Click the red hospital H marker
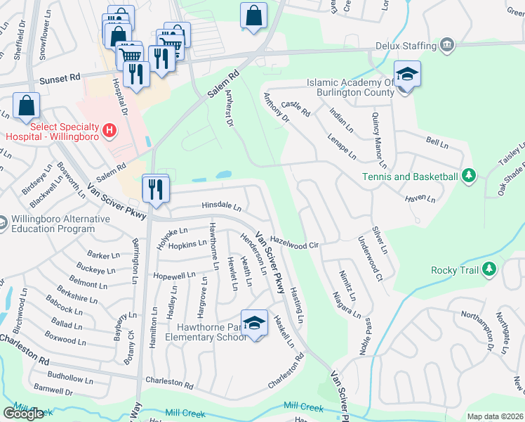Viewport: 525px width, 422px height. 109,130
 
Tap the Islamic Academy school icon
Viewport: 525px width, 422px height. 406,74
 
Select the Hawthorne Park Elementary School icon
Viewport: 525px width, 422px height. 254,323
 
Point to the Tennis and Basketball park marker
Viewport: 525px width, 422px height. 468,176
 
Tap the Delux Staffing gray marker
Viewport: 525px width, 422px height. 446,46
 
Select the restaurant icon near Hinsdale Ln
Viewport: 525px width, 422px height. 154,188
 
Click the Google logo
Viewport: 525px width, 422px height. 23,413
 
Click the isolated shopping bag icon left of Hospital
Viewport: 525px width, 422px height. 26,106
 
